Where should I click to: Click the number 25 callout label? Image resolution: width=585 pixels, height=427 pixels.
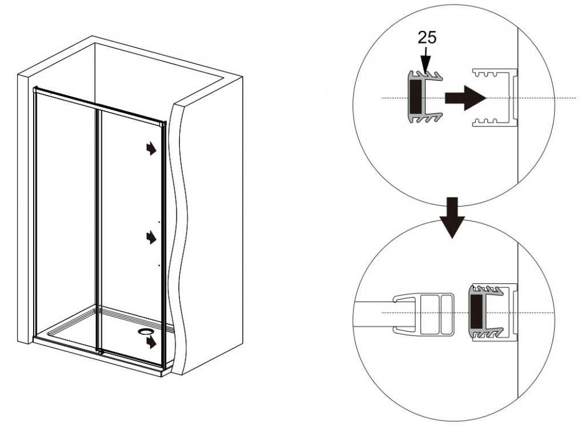427,37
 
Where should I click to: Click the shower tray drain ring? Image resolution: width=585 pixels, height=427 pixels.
145,331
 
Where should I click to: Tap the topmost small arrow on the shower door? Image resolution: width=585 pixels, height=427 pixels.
151,148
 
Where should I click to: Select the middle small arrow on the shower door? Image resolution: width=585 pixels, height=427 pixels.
151,237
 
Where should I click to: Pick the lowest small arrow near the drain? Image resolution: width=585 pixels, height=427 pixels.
151,342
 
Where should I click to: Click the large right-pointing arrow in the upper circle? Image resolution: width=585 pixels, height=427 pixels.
465,98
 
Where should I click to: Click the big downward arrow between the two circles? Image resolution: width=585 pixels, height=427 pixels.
452,218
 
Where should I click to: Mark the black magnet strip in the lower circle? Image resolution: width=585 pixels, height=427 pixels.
476,312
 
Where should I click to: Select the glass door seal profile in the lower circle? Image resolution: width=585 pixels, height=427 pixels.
423,313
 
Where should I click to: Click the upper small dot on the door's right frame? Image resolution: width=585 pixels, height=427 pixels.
159,222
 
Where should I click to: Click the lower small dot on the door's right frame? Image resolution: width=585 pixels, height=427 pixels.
159,265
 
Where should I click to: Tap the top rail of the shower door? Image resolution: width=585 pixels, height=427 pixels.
99,106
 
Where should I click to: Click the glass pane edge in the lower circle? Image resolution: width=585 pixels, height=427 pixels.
373,313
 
